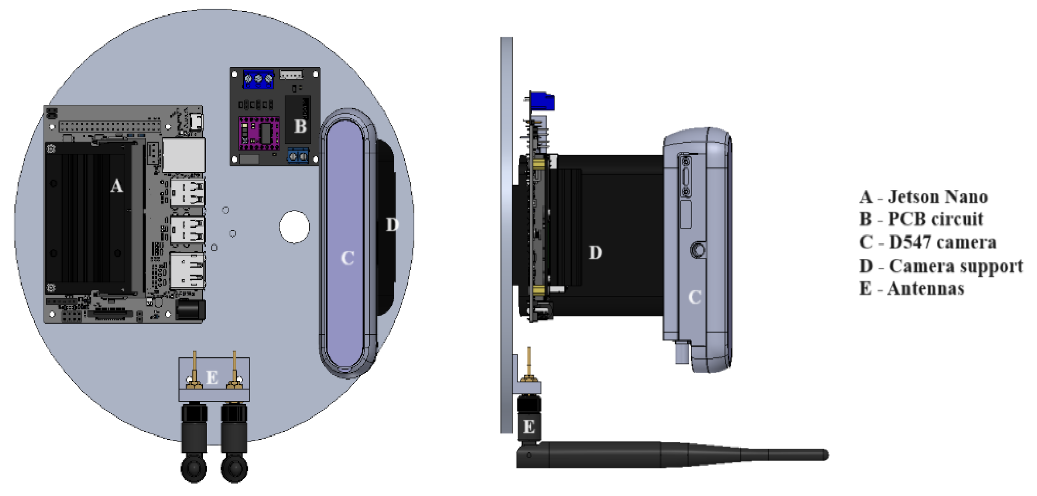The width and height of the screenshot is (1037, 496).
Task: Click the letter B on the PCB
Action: click(300, 126)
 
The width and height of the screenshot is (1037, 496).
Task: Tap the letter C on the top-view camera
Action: click(347, 258)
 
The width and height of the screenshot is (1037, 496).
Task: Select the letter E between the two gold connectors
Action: click(212, 378)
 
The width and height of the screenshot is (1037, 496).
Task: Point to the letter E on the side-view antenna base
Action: click(529, 427)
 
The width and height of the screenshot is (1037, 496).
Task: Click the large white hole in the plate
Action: click(294, 227)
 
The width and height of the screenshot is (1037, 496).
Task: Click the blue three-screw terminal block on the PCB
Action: click(258, 79)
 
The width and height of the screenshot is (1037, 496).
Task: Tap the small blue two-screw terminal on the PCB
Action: click(298, 156)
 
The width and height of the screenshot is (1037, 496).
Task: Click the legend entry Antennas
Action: click(926, 289)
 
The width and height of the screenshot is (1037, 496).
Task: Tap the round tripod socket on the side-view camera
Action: click(698, 250)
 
